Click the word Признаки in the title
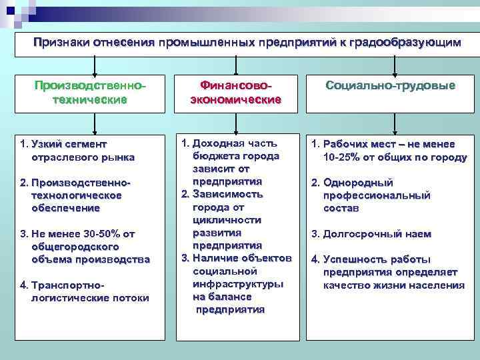coord(63,43)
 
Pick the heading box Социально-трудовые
coord(391,86)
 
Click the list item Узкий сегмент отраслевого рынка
coord(79,151)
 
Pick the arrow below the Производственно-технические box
coord(95,124)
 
